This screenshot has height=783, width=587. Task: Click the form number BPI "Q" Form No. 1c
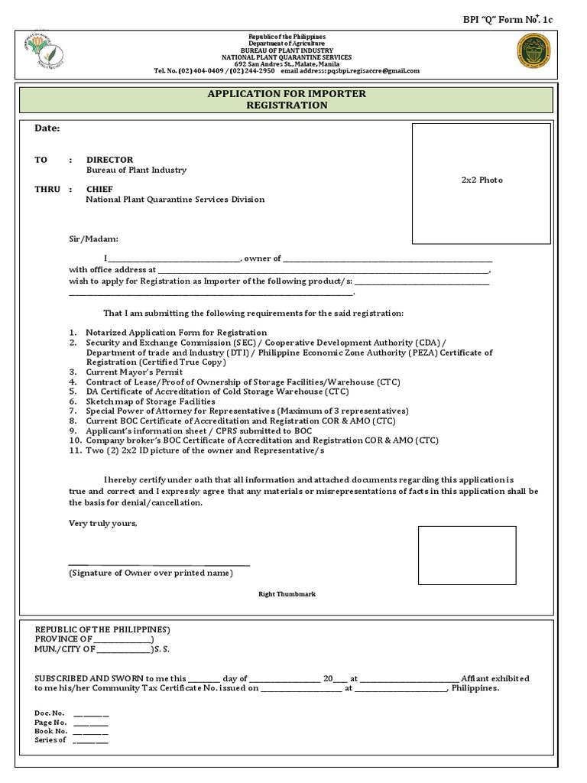pos(518,19)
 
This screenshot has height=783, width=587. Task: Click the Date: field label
pos(47,128)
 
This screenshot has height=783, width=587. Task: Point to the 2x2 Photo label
pos(482,180)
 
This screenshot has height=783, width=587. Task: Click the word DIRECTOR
pos(109,160)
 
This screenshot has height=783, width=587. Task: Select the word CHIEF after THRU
pos(99,189)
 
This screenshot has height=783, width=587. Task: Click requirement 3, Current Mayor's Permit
pos(134,372)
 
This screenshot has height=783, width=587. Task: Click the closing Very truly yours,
pos(103,523)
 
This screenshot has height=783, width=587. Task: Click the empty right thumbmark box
pos(466,555)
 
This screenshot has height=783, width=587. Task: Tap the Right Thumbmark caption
pos(287,594)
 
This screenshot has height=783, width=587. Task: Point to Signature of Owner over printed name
pos(151,573)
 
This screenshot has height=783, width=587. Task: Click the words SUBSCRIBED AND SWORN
pos(102,678)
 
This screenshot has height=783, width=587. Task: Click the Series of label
pos(50,740)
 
